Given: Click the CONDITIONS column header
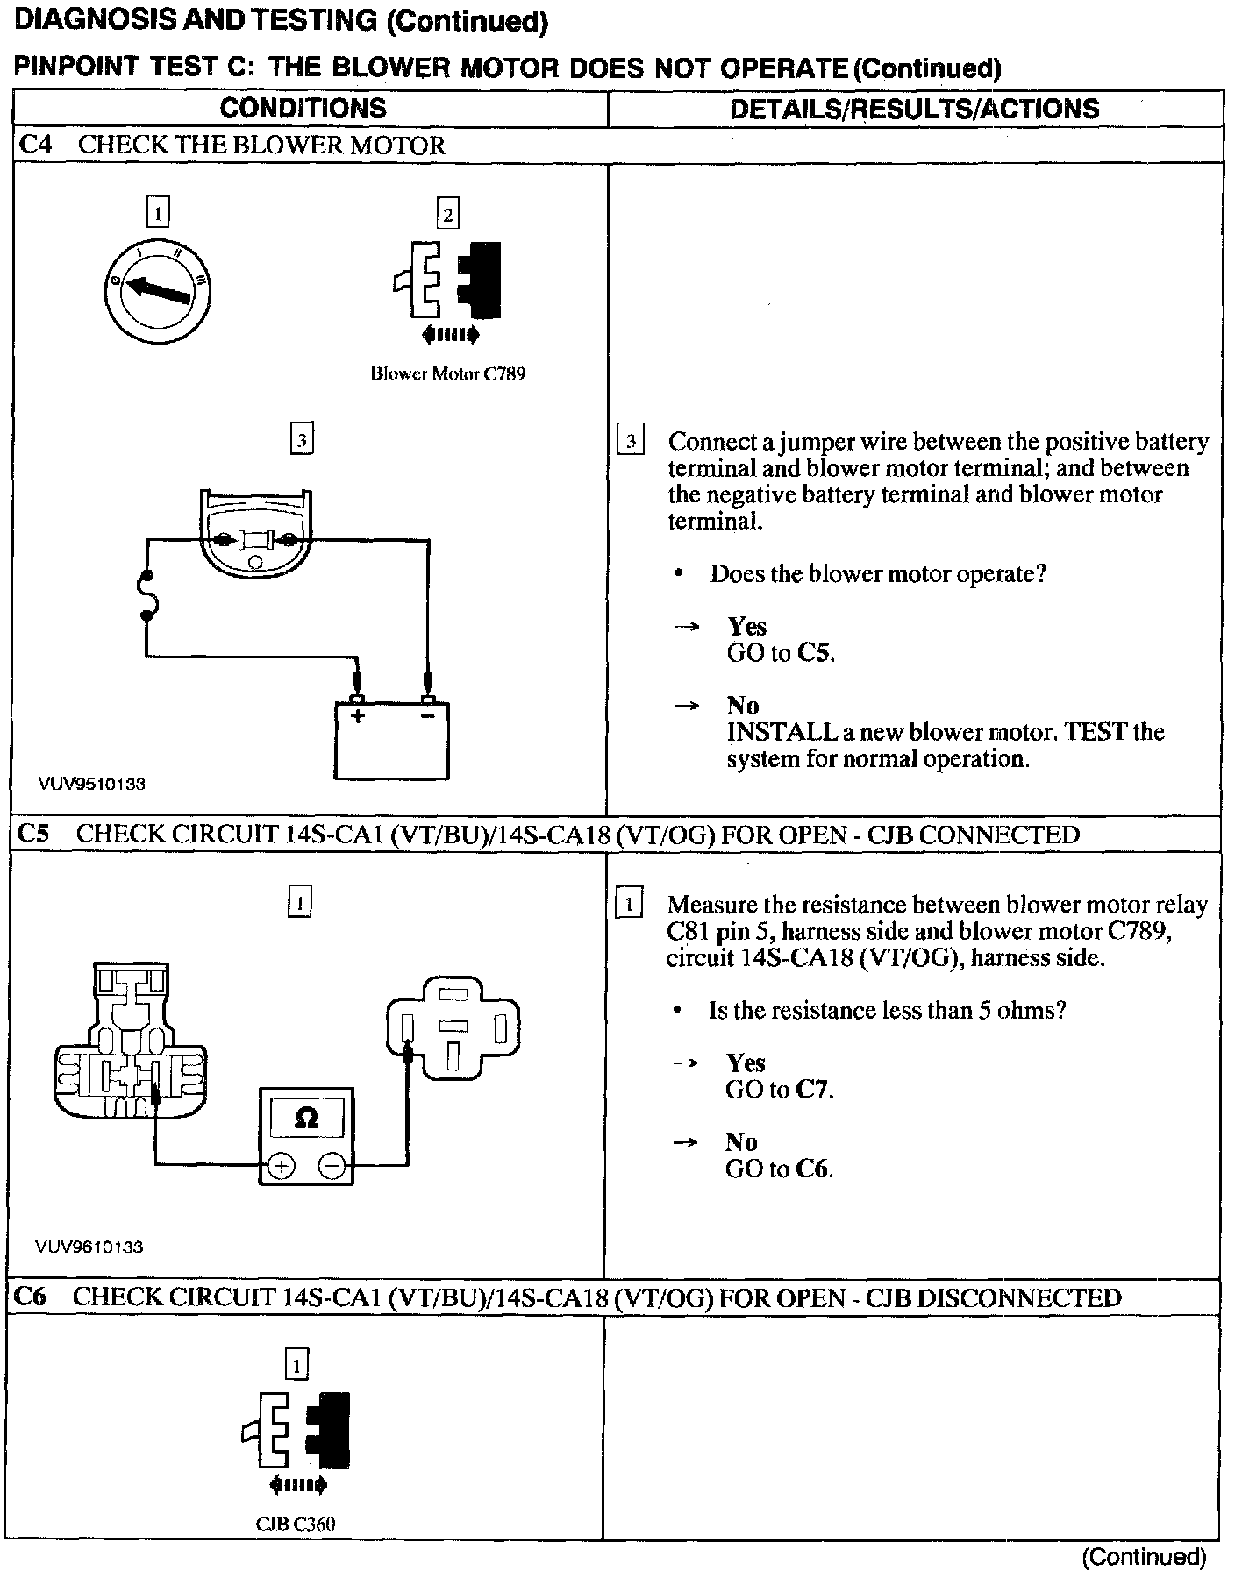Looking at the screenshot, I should pyautogui.click(x=303, y=108).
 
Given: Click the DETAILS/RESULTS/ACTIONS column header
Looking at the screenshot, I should pyautogui.click(x=914, y=109).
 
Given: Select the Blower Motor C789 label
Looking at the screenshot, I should pyautogui.click(x=447, y=374).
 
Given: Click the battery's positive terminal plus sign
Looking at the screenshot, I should pyautogui.click(x=358, y=716).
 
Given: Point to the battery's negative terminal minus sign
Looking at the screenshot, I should pyautogui.click(x=428, y=716).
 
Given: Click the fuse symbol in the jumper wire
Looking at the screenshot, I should pyautogui.click(x=148, y=596).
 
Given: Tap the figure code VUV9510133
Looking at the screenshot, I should pyautogui.click(x=91, y=784).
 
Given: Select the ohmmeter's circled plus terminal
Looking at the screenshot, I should pyautogui.click(x=281, y=1166).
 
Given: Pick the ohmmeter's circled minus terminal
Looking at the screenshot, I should pyautogui.click(x=332, y=1166).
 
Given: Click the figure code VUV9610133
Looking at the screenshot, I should pyautogui.click(x=89, y=1247).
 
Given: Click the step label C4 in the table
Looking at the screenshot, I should pyautogui.click(x=36, y=146).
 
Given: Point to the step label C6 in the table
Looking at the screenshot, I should pyautogui.click(x=32, y=1297).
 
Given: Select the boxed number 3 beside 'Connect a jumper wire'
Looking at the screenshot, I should pyautogui.click(x=631, y=440).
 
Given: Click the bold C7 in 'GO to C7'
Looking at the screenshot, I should pyautogui.click(x=812, y=1090).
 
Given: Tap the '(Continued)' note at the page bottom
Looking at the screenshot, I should pyautogui.click(x=1144, y=1557).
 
